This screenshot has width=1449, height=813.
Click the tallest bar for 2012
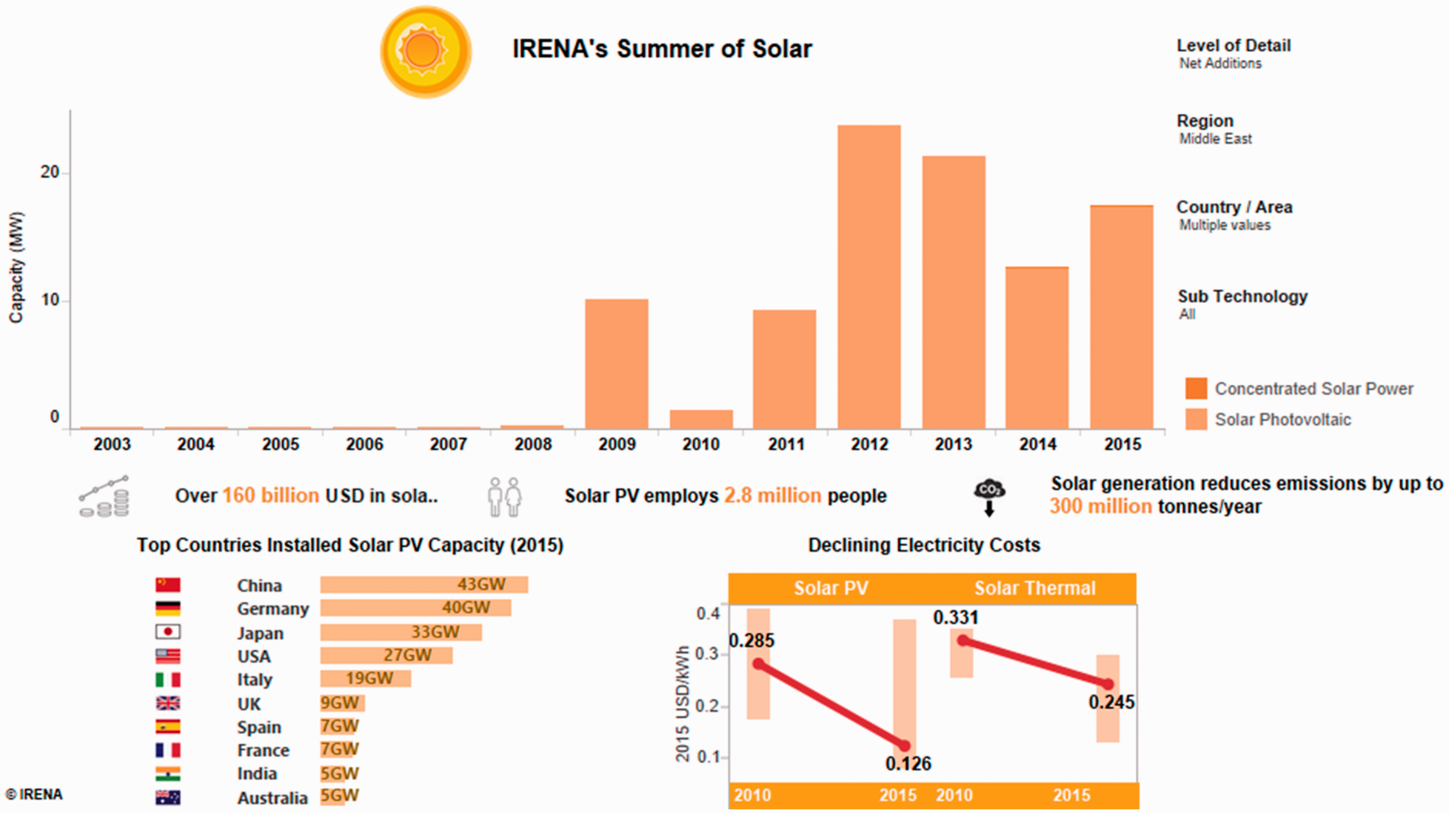click(869, 277)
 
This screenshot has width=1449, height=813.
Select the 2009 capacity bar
click(616, 364)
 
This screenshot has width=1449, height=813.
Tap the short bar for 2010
click(701, 420)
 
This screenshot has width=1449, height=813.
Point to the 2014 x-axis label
click(1038, 444)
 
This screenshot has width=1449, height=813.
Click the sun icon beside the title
click(426, 52)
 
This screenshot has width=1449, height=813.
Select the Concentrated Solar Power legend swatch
click(1196, 388)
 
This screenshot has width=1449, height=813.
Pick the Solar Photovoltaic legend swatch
click(1196, 419)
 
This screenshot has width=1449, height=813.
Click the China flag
click(168, 585)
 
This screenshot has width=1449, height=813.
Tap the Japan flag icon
click(168, 632)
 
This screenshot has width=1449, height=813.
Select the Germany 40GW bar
click(416, 608)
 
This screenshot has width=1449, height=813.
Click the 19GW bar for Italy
click(366, 679)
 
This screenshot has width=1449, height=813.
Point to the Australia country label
click(272, 798)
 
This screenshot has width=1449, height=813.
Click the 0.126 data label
click(909, 764)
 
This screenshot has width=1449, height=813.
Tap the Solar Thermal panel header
click(1035, 588)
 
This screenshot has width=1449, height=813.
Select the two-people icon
click(505, 497)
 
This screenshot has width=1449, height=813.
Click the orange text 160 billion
click(270, 496)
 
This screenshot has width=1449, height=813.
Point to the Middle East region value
click(1216, 139)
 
